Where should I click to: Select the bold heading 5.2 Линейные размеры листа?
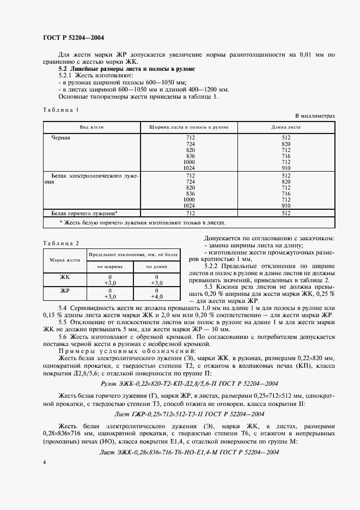coord(126,70)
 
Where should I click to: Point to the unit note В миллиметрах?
coord(315,116)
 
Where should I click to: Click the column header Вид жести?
coord(91,127)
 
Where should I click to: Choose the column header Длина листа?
coord(286,127)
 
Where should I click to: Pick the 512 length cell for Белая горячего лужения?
coord(286,214)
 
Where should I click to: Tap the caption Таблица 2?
coord(60,242)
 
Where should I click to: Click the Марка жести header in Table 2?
coord(65,260)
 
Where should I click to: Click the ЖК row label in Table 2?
coord(65,277)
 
